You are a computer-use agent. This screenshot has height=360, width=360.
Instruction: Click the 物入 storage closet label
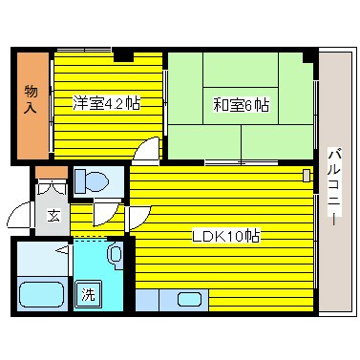(x=31, y=98)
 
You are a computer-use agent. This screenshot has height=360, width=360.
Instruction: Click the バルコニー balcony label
(x=333, y=186)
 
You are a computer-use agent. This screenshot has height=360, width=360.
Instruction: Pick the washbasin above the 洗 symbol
(x=114, y=254)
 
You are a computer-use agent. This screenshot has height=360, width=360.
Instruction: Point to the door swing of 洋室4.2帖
(x=146, y=151)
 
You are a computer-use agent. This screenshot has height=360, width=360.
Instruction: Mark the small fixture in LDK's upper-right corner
(x=307, y=176)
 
